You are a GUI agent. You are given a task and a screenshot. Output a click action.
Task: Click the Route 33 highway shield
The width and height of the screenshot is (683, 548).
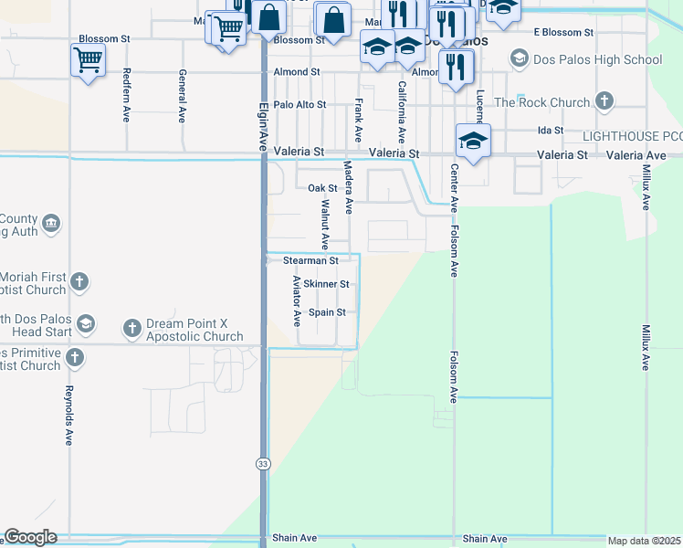click(x=263, y=464)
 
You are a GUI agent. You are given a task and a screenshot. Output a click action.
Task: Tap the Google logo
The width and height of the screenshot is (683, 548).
click(x=30, y=537)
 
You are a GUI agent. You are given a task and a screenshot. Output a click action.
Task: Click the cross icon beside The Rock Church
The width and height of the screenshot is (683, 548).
click(x=604, y=100)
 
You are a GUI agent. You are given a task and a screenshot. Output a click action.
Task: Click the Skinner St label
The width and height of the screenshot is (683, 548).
click(x=326, y=284)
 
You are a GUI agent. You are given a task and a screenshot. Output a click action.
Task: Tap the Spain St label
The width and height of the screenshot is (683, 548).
click(x=327, y=312)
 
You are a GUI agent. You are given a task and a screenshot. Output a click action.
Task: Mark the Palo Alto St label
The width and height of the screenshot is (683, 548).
click(x=299, y=105)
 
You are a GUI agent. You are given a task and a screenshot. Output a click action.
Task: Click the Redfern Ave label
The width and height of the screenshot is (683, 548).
click(x=126, y=95)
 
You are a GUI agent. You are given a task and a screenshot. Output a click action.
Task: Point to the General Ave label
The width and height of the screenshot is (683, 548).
click(x=183, y=96)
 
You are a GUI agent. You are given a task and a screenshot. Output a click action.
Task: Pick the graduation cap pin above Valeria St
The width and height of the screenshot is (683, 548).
click(x=473, y=142)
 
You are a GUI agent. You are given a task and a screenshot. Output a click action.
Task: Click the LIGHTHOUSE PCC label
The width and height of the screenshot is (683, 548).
click(x=633, y=135)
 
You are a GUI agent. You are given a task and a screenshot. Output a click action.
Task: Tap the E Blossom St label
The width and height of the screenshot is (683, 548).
click(x=562, y=32)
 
